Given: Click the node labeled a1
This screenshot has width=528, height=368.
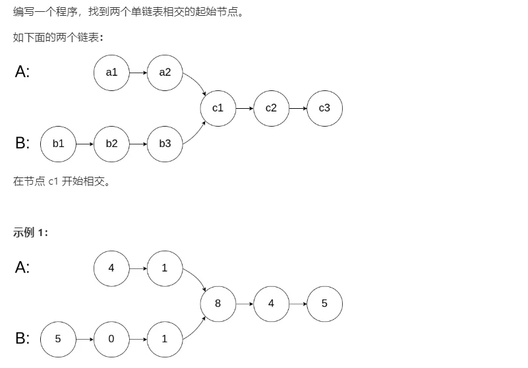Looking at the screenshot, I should pyautogui.click(x=111, y=73).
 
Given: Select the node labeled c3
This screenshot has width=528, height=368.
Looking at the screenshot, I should pyautogui.click(x=324, y=108).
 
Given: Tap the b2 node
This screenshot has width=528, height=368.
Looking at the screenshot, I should pyautogui.click(x=111, y=143).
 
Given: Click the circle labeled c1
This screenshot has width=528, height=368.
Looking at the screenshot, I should pyautogui.click(x=218, y=108).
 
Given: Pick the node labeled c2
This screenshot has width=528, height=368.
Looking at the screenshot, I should pyautogui.click(x=271, y=108).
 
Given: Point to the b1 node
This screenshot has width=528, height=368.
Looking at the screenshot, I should pyautogui.click(x=58, y=143).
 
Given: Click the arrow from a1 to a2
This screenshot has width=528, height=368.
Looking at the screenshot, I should pyautogui.click(x=138, y=73).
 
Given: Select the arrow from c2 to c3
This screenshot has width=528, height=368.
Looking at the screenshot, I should pyautogui.click(x=297, y=108).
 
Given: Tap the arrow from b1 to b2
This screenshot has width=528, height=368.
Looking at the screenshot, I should pyautogui.click(x=84, y=143).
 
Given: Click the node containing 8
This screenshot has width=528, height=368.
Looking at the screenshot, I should pyautogui.click(x=218, y=303).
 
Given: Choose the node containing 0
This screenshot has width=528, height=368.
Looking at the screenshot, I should pyautogui.click(x=111, y=339).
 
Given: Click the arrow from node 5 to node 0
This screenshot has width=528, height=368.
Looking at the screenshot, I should pyautogui.click(x=84, y=339).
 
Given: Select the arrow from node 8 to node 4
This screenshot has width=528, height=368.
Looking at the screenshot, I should pyautogui.click(x=245, y=303).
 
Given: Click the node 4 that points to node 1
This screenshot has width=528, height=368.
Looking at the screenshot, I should pyautogui.click(x=111, y=268).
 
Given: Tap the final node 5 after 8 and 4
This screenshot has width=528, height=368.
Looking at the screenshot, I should pyautogui.click(x=324, y=303).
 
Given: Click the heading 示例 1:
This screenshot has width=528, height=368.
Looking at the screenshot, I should pyautogui.click(x=30, y=232).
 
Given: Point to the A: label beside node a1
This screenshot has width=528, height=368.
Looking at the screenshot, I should pyautogui.click(x=22, y=73).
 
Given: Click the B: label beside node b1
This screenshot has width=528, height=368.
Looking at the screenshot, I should pyautogui.click(x=22, y=143).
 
